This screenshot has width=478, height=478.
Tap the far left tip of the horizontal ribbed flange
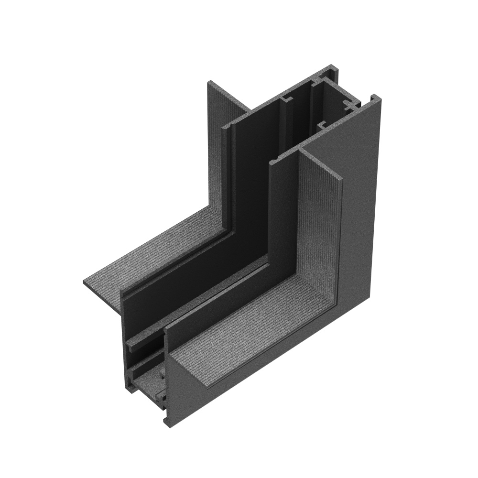click(x=85, y=282)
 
